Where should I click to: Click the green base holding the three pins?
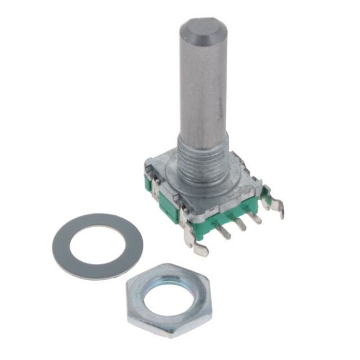tap(225, 217)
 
